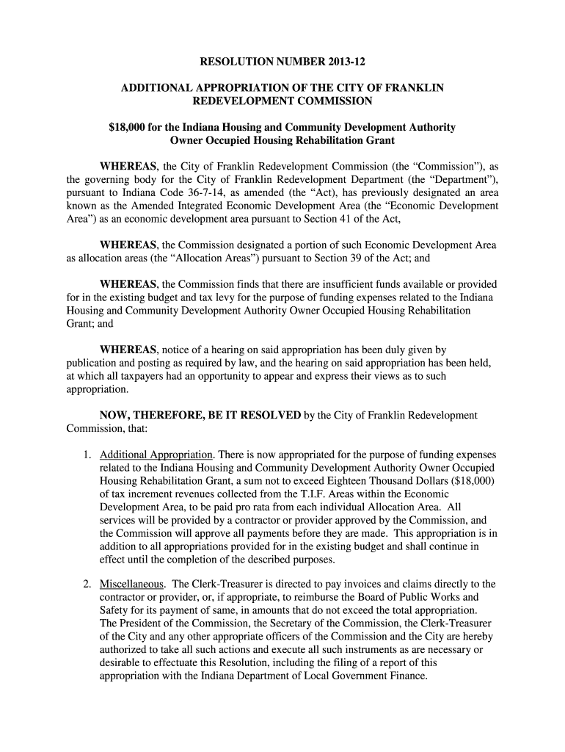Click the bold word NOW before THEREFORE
click(115, 415)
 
